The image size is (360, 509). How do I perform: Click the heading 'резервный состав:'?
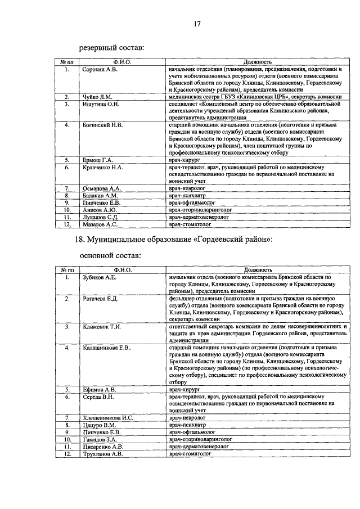click(x=111, y=48)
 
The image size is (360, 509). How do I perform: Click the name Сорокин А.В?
click(x=99, y=70)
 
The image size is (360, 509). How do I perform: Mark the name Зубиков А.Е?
click(x=99, y=278)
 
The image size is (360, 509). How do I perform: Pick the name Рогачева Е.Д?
click(x=100, y=298)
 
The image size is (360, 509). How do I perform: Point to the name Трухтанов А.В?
click(x=102, y=453)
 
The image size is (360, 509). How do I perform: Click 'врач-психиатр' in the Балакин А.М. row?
click(x=186, y=195)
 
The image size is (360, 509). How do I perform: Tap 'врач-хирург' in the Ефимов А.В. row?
click(x=184, y=389)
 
